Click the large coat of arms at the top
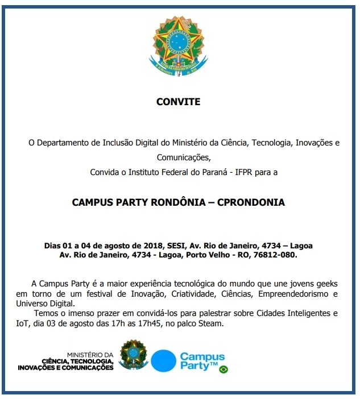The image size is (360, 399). tap(179, 46)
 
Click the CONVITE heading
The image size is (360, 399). tap(179, 102)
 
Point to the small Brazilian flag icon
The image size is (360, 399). tap(224, 369)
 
